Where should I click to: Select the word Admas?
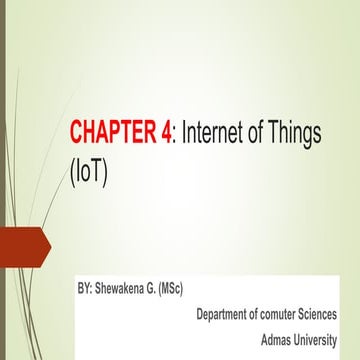coord(276,338)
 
